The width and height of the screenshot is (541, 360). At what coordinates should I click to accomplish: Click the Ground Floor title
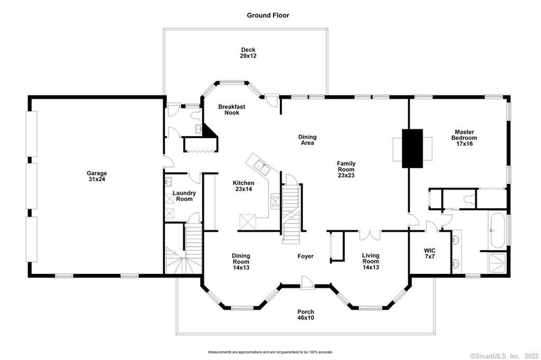tap(268, 15)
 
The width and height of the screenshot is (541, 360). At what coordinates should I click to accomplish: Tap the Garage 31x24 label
tap(97, 176)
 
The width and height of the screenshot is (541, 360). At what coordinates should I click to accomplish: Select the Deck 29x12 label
tap(248, 53)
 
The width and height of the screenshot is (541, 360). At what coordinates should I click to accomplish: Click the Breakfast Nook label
tap(231, 110)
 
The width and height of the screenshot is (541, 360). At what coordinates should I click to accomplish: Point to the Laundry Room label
tap(184, 196)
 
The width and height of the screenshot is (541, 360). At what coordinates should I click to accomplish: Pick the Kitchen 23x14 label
tap(243, 186)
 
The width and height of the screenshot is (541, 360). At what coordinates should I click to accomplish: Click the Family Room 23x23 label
tap(346, 169)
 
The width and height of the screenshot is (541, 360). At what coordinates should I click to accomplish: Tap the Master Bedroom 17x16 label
tap(464, 138)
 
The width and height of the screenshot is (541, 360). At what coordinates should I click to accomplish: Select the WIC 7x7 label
tap(430, 253)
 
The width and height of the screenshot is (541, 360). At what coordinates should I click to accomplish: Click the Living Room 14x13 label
tap(370, 261)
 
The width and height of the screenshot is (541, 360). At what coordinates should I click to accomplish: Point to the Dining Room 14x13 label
tap(241, 261)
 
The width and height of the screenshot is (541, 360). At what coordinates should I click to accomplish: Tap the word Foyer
tap(305, 256)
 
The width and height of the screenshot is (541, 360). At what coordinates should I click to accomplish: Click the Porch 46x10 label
tap(306, 315)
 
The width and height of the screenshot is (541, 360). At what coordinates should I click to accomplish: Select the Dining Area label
tap(307, 140)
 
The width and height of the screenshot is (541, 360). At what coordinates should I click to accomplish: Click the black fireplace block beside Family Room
tap(412, 149)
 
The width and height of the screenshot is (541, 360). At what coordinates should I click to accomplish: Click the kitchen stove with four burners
tap(275, 202)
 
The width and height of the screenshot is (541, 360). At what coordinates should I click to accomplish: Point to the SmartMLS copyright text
tap(505, 356)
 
